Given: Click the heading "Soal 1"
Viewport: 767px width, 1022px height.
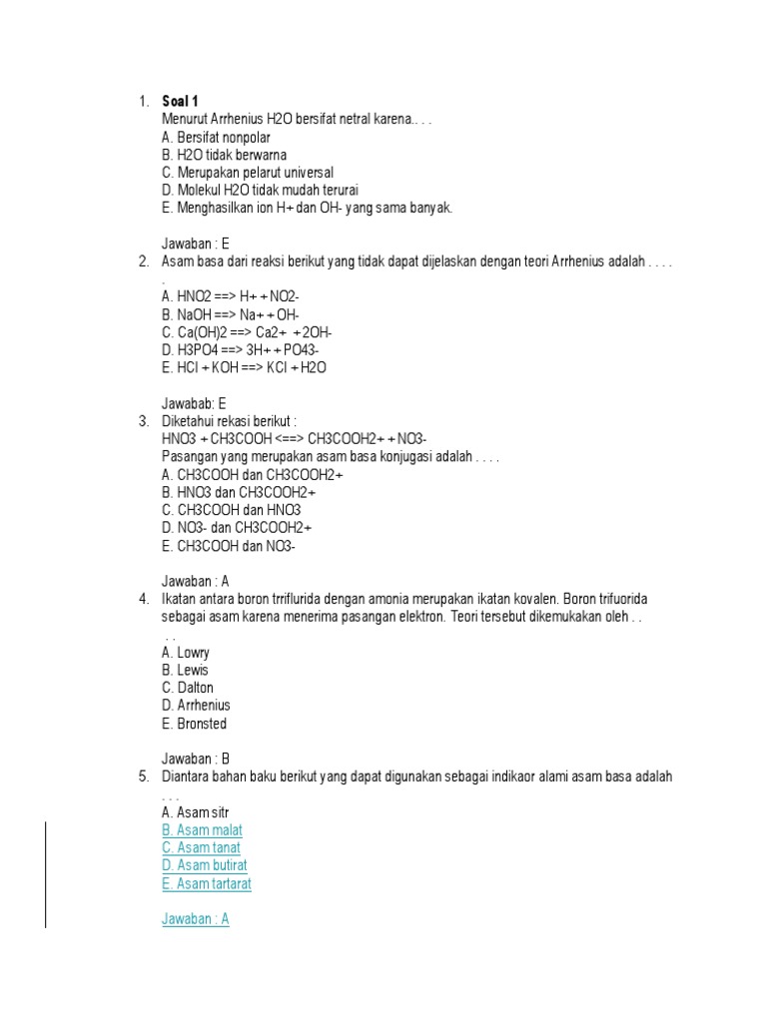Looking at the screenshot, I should tap(181, 101).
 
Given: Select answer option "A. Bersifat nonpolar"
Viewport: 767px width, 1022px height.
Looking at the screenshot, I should tap(216, 137).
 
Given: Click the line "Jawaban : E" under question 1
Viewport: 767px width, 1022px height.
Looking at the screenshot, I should tap(196, 243).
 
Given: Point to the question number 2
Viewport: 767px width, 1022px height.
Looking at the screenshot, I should tap(143, 260).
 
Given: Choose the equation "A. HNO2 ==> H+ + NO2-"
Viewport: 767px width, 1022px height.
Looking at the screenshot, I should tap(230, 296).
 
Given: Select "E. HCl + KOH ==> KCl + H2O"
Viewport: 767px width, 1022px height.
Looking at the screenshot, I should tap(244, 367).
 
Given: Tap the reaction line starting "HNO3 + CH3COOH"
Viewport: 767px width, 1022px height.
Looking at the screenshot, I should tap(294, 439).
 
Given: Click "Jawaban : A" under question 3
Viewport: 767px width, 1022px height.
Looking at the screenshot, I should tap(196, 580).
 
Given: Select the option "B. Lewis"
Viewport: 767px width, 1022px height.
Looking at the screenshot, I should tap(185, 670).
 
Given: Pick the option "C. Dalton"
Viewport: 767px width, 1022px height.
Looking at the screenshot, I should tap(187, 688).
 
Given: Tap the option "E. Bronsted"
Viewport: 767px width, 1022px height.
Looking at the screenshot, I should tap(194, 724).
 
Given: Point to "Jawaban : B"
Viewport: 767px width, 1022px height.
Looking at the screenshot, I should tap(196, 759).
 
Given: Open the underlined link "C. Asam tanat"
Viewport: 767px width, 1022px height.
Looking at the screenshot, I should tap(201, 848).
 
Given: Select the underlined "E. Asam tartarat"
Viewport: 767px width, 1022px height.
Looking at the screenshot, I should tap(206, 883).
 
